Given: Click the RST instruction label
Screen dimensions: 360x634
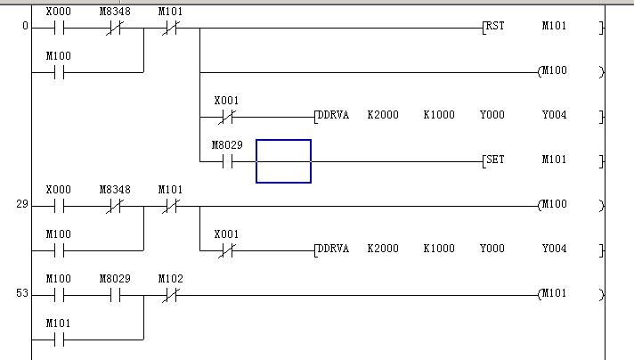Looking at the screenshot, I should (495, 27).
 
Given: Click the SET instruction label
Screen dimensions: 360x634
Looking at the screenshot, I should (495, 160).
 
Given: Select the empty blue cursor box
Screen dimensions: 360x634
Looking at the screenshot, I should (283, 161).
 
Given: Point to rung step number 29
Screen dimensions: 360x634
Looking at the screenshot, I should (22, 205).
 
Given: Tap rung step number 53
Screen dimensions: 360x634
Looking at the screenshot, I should (22, 294).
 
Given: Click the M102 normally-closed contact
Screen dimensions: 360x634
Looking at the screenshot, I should (170, 295).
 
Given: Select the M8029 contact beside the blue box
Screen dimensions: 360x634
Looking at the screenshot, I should (226, 161).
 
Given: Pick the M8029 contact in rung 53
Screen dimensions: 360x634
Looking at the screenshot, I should (114, 295).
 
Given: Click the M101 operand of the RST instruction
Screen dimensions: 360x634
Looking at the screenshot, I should (554, 27).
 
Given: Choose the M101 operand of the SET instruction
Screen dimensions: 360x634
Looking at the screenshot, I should (554, 160).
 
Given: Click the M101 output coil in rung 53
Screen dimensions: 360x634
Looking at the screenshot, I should (554, 294).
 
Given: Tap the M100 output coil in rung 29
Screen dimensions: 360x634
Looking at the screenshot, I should (554, 205).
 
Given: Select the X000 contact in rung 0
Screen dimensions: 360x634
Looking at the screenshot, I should (58, 28).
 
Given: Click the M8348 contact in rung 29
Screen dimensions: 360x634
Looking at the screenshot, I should (114, 206).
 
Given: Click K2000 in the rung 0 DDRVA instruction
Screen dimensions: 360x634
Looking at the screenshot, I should (383, 116).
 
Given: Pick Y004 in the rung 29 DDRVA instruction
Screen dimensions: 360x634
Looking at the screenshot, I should (554, 250).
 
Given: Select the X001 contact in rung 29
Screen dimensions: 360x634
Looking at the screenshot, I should (226, 250).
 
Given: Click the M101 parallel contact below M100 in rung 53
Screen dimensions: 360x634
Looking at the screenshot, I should (58, 340).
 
